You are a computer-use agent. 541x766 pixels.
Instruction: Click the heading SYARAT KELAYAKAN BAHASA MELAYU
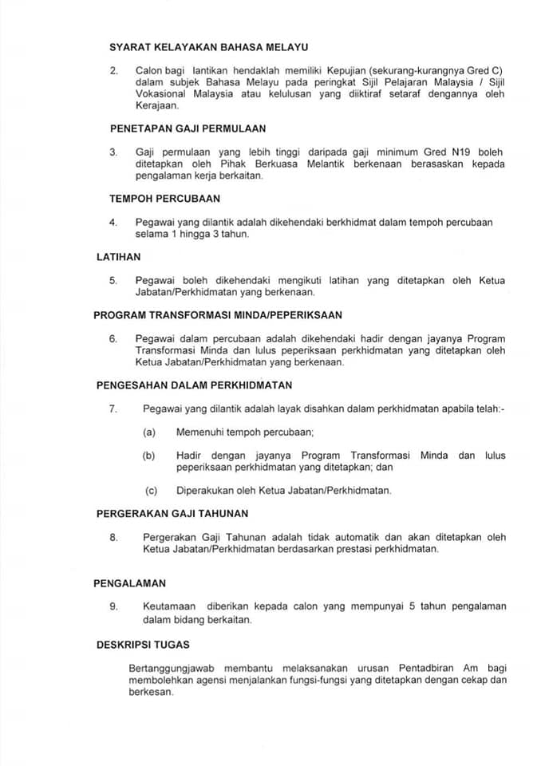point(209,48)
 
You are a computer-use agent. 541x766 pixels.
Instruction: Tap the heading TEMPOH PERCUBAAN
point(165,198)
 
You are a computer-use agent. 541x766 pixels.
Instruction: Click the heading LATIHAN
point(118,256)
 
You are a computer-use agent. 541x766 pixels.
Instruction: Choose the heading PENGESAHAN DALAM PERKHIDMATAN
point(194,385)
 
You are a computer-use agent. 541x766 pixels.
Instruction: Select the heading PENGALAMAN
point(129,583)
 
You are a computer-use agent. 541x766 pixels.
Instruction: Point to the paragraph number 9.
point(114,606)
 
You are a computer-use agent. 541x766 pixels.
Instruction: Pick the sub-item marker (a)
point(148,432)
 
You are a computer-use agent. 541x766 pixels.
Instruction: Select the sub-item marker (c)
point(151,490)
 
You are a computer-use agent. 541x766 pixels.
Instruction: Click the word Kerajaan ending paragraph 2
point(157,105)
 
